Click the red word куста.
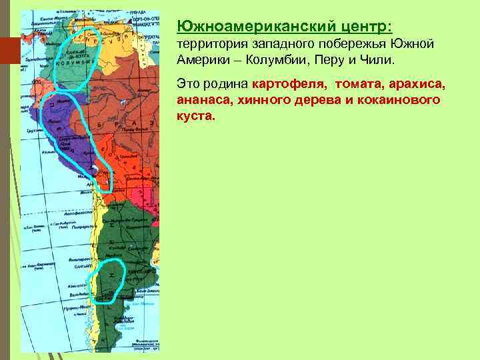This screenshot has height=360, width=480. pos(197,115)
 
